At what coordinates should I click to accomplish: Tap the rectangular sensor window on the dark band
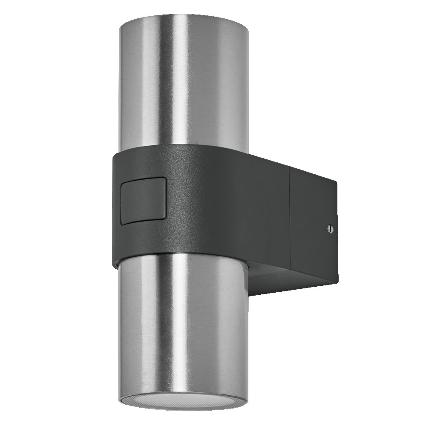pos(143,201)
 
